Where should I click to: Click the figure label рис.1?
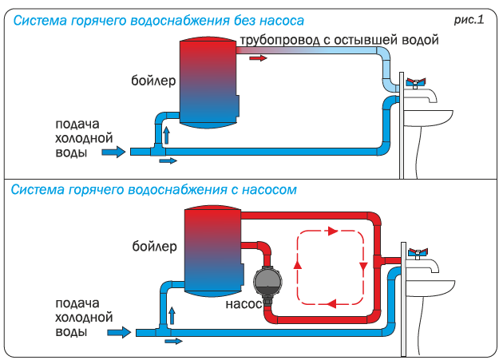[x=469, y=20]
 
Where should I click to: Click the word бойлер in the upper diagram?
[x=153, y=81]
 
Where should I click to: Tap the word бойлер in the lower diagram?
[x=154, y=247]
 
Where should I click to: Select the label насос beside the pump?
[x=244, y=304]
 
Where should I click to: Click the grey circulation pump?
[x=267, y=282]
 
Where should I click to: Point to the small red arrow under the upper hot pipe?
[x=258, y=58]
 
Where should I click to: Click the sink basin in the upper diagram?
[x=428, y=118]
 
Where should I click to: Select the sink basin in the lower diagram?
[x=430, y=288]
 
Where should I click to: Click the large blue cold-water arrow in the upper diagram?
[x=113, y=152]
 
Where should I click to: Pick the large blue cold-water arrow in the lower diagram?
[x=119, y=332]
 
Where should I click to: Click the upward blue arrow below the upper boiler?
[x=166, y=136]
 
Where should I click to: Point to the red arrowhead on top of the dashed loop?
[x=333, y=231]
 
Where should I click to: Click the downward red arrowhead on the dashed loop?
[x=363, y=267]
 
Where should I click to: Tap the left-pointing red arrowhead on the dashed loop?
[x=331, y=303]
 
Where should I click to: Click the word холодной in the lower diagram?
[x=84, y=318]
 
